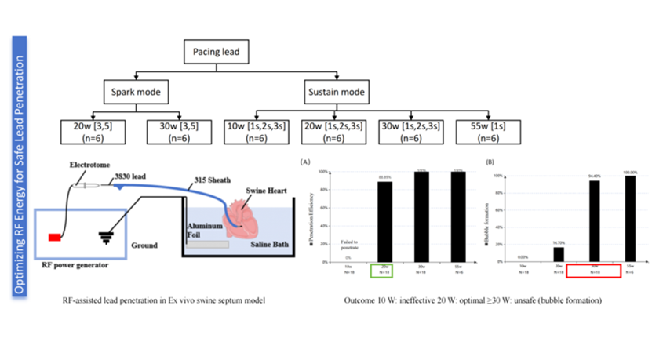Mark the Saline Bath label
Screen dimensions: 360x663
(x=262, y=244)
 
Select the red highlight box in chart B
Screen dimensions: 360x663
(x=592, y=271)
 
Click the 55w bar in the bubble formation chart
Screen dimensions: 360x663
(x=627, y=219)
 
